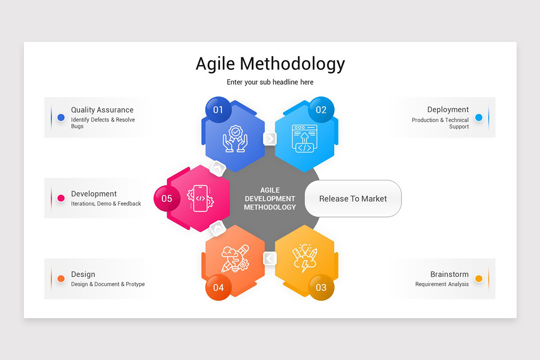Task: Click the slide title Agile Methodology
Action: (270, 64)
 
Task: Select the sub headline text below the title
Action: (270, 82)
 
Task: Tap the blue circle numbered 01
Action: (218, 110)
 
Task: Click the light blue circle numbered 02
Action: (321, 110)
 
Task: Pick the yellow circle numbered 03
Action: (321, 287)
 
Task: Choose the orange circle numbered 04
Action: (218, 287)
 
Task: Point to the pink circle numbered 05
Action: (167, 198)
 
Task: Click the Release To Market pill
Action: (353, 198)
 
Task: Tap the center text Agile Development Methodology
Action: (270, 198)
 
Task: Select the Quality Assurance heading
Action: (102, 110)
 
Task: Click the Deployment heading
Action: (448, 109)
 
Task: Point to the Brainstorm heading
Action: (449, 274)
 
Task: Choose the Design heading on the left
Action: (83, 274)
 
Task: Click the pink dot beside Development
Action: (61, 198)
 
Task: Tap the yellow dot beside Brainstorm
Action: (479, 279)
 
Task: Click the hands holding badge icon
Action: (235, 139)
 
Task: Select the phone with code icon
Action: (201, 198)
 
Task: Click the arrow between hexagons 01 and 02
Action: (270, 139)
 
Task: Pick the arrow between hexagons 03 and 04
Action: (270, 258)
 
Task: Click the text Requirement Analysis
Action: (442, 284)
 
